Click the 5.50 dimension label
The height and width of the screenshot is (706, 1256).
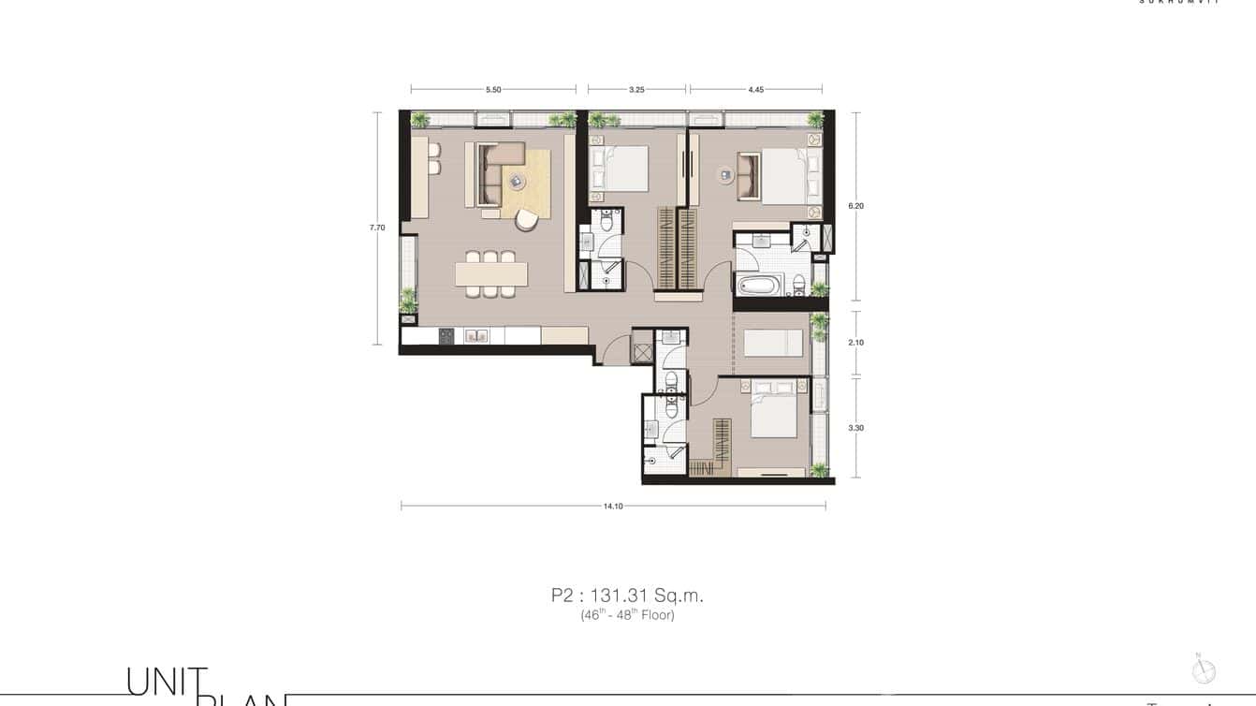pyautogui.click(x=493, y=90)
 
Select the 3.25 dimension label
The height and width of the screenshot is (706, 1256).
pyautogui.click(x=636, y=90)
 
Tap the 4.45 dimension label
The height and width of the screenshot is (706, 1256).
pyautogui.click(x=756, y=90)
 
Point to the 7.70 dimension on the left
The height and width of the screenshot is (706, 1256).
pyautogui.click(x=377, y=228)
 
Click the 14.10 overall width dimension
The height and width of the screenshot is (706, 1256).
pyautogui.click(x=613, y=506)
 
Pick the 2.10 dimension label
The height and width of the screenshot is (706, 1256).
pyautogui.click(x=855, y=343)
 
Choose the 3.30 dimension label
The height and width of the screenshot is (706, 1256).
pyautogui.click(x=855, y=428)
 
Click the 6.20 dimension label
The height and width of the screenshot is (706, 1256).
pyautogui.click(x=855, y=206)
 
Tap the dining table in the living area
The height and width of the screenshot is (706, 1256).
pyautogui.click(x=491, y=273)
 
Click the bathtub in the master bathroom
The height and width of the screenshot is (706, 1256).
pyautogui.click(x=760, y=285)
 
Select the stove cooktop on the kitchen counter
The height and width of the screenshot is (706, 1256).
pyautogui.click(x=446, y=335)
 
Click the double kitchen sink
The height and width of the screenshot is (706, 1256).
pyautogui.click(x=476, y=335)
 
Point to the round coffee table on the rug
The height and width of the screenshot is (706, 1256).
pyautogui.click(x=517, y=181)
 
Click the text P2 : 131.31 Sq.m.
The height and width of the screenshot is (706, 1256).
pyautogui.click(x=627, y=595)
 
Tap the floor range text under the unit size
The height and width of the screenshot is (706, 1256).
pyautogui.click(x=627, y=615)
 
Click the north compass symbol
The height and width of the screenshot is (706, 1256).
pyautogui.click(x=1204, y=670)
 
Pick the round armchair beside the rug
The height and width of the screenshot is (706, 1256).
pyautogui.click(x=527, y=220)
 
